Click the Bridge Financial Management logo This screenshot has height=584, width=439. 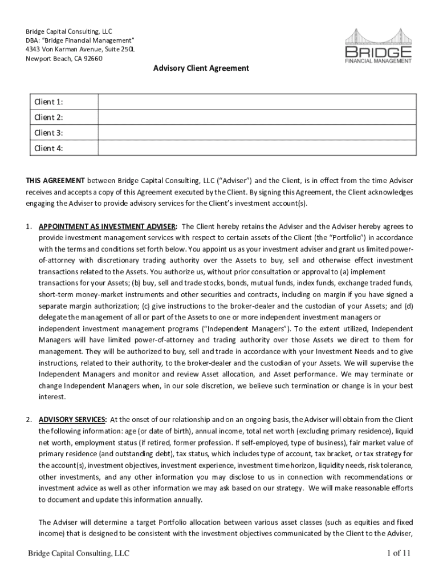point(377,47)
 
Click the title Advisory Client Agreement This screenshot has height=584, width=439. point(201,68)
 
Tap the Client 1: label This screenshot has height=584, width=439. point(48,102)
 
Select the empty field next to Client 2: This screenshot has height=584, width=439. point(258,117)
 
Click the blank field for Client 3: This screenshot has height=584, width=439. point(258,133)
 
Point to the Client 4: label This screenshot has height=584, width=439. point(48,148)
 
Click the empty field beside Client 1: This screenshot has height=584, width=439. point(258,102)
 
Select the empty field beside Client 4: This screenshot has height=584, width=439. point(258,148)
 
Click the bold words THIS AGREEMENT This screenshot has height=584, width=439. point(55,181)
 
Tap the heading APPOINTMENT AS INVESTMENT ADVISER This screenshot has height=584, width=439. point(108,226)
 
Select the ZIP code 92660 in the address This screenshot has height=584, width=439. point(92,58)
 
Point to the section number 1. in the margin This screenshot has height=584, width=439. point(29,226)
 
